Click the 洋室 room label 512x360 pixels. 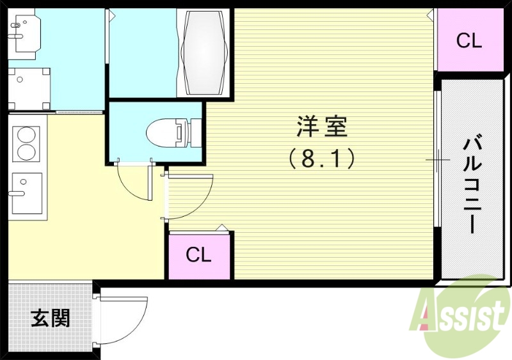tap(322, 127)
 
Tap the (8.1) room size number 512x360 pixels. tap(322, 158)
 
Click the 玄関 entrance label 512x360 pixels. tap(51, 318)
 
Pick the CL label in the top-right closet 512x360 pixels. tap(468, 41)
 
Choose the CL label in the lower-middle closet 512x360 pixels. tap(198, 255)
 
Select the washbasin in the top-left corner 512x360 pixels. tap(24, 33)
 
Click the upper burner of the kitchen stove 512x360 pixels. tap(26, 136)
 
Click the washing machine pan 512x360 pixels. tap(28, 88)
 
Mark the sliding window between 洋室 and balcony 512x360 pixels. tap(437, 159)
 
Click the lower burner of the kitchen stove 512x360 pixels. tap(26, 152)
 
